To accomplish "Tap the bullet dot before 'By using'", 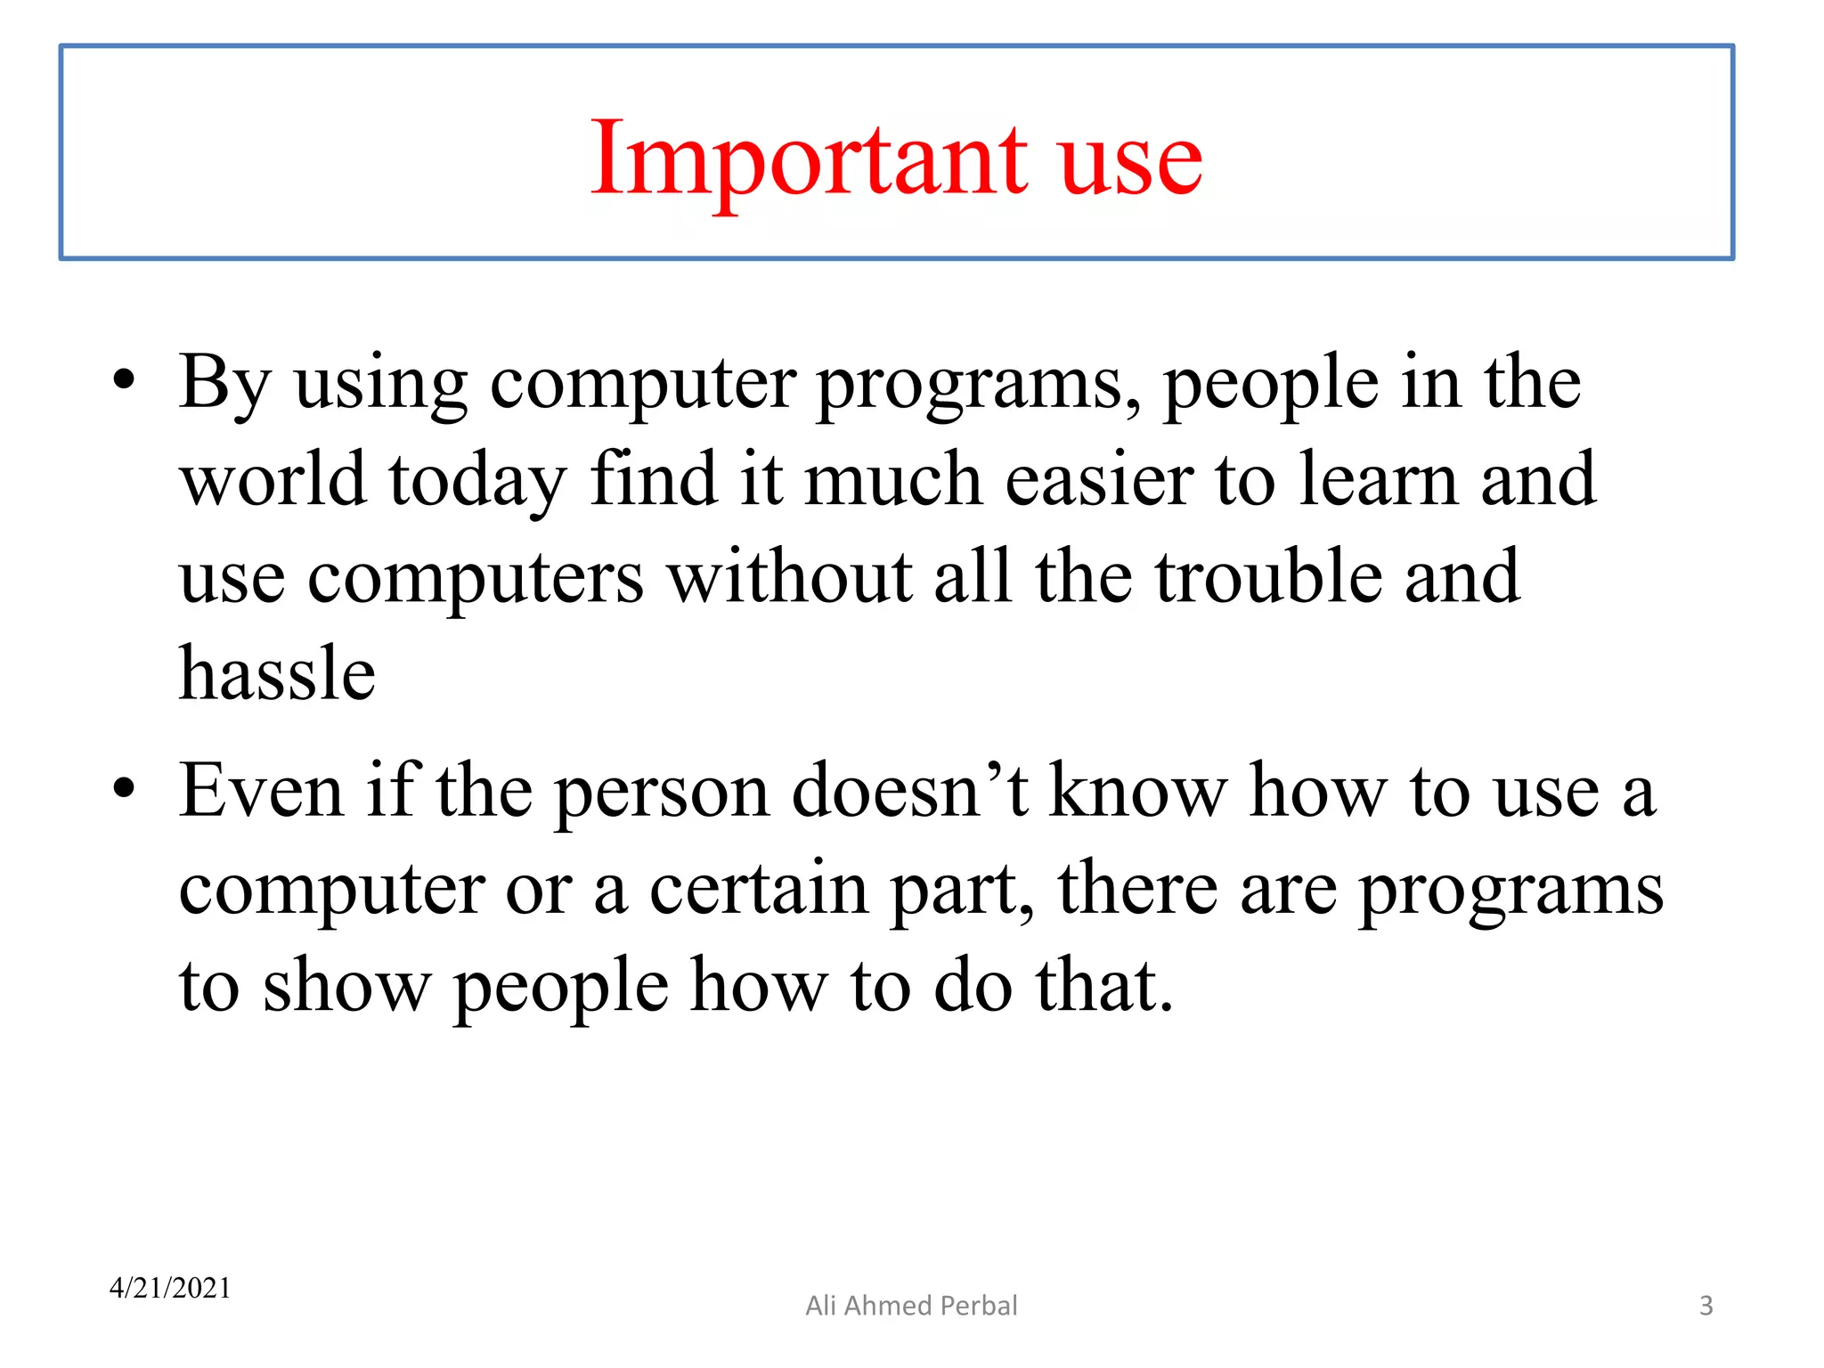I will point(125,381).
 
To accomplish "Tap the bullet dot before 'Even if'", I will point(125,789).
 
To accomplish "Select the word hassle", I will point(277,674).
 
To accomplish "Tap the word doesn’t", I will point(910,791).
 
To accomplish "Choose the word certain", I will point(758,888).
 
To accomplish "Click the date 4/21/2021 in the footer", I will point(170,1288).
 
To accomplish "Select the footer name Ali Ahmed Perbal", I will point(911,1306).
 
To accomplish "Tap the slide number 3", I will point(1706,1306).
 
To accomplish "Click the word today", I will point(476,481).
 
